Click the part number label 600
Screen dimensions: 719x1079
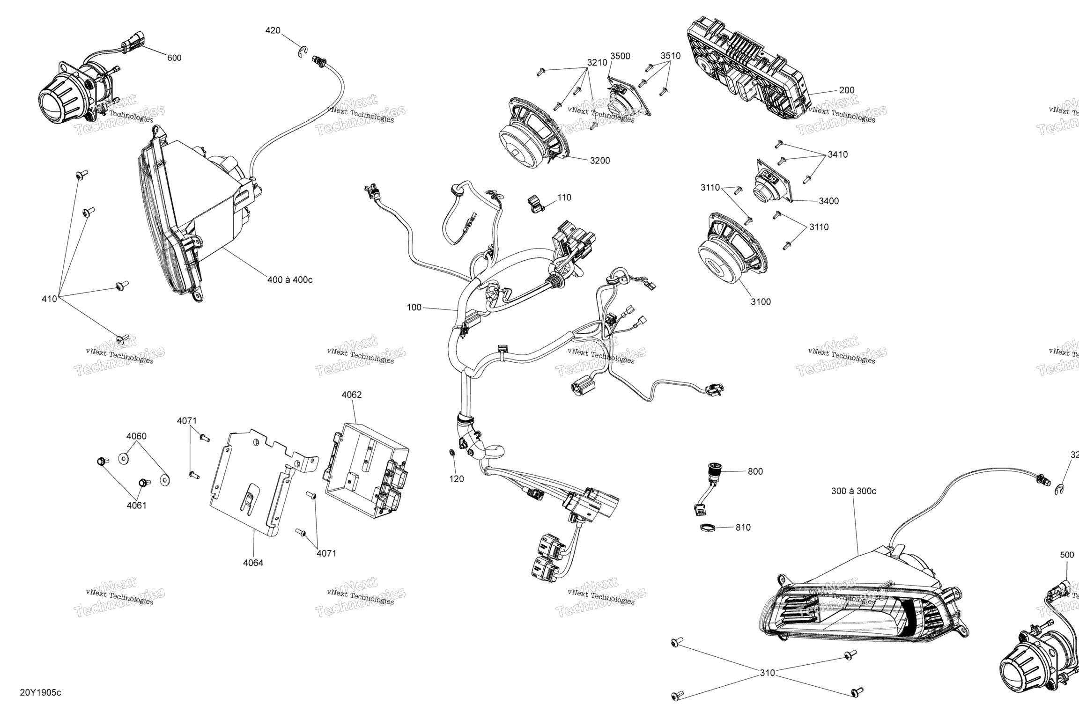(x=174, y=58)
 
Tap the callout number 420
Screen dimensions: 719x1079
(x=273, y=31)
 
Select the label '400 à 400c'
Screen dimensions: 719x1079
(x=290, y=280)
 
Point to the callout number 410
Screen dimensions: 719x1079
(x=49, y=299)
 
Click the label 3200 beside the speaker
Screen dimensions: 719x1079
(x=599, y=161)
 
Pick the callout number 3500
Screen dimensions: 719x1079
(x=620, y=56)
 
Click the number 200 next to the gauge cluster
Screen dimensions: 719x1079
(x=846, y=90)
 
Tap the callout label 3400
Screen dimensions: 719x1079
(x=828, y=201)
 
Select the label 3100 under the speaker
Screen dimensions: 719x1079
(x=761, y=302)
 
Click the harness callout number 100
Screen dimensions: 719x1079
(x=414, y=308)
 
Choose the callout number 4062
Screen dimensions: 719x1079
(x=351, y=395)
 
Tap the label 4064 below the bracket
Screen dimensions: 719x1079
(x=253, y=563)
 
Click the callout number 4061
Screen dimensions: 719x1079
(x=136, y=506)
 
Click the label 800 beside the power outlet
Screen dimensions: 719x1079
(x=755, y=472)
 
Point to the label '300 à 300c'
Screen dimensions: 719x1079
(x=853, y=491)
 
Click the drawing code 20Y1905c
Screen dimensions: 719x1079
(x=40, y=693)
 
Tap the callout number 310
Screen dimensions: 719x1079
(x=767, y=673)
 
